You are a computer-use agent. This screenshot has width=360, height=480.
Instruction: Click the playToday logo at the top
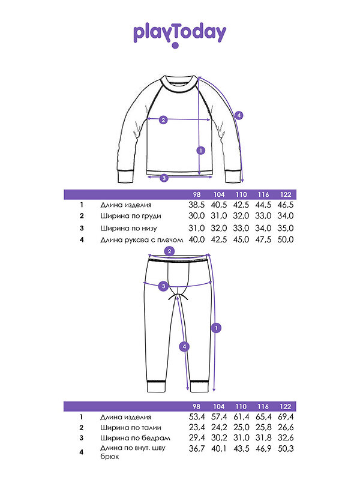point(179,35)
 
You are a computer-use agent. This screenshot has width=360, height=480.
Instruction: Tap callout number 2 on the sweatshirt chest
point(163,119)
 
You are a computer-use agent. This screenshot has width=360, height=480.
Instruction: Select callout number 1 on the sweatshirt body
point(201,151)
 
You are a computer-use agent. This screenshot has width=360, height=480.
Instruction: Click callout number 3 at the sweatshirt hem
point(164,178)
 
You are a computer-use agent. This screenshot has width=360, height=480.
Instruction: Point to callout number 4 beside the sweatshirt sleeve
point(239,115)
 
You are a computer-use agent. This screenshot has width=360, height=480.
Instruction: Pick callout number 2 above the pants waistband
point(169,251)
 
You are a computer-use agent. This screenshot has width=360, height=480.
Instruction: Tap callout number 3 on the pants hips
point(163,286)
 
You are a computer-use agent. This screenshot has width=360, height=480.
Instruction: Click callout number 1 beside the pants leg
point(216,328)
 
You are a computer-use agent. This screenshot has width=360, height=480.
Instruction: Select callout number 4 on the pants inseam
point(184,347)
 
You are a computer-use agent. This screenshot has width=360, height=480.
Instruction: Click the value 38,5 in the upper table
point(197,205)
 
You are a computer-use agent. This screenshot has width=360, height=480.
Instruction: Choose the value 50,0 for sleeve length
point(286,239)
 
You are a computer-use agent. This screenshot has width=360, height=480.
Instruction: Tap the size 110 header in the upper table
point(241,194)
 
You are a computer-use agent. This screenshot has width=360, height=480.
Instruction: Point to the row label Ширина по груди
point(131,216)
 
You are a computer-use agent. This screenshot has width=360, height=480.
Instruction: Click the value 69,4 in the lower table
point(286,417)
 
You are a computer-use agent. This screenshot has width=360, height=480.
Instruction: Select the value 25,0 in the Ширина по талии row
point(242,427)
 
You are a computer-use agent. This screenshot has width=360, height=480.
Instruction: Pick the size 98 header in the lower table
point(197,407)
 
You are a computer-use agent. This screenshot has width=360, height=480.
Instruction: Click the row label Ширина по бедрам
point(135,438)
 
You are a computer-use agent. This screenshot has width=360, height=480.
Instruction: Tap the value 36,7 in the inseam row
point(197,449)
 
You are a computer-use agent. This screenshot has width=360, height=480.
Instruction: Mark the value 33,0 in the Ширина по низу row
point(241,229)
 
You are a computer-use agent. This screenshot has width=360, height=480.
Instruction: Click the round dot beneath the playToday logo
point(175,46)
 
